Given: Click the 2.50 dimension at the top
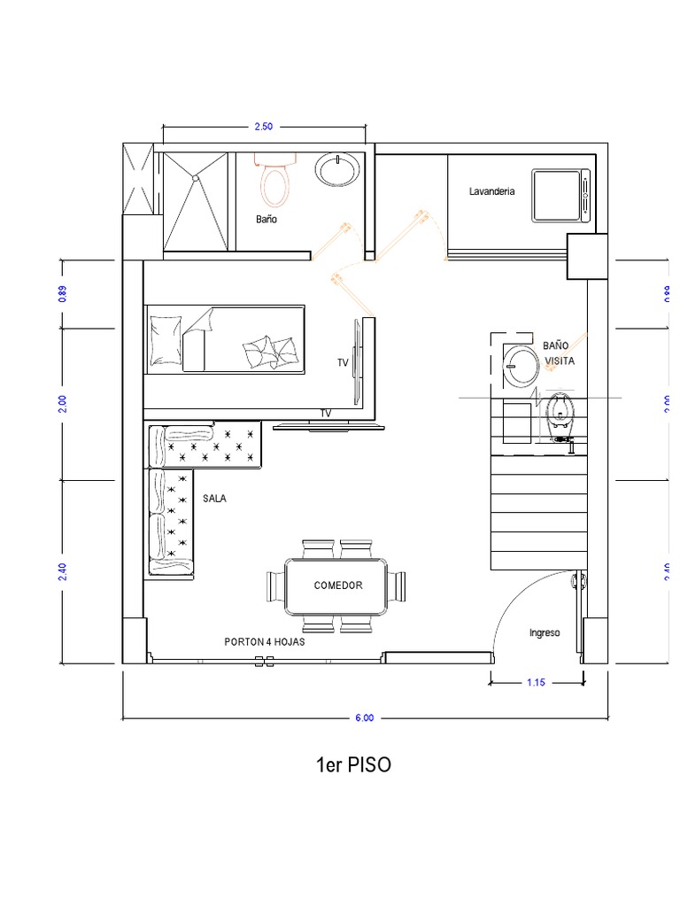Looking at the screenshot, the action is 264,126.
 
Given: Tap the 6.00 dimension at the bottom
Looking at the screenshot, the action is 364,717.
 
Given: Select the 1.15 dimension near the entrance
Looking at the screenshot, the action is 536,683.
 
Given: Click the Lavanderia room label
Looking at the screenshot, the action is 491,191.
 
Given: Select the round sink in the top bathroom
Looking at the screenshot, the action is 337,169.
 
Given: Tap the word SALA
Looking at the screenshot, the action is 214,498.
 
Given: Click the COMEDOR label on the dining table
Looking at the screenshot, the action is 338,585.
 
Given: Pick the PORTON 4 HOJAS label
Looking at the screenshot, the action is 265,641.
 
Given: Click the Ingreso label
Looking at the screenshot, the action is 545,632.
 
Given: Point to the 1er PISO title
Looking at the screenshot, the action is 353,764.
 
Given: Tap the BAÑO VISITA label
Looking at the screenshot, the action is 559,353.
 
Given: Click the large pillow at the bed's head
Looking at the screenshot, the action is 165,341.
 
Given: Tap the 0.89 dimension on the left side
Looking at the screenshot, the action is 63,294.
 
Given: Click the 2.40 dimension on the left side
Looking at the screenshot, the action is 63,572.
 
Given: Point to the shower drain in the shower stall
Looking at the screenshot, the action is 196,178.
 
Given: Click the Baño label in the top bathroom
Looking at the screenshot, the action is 267,220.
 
